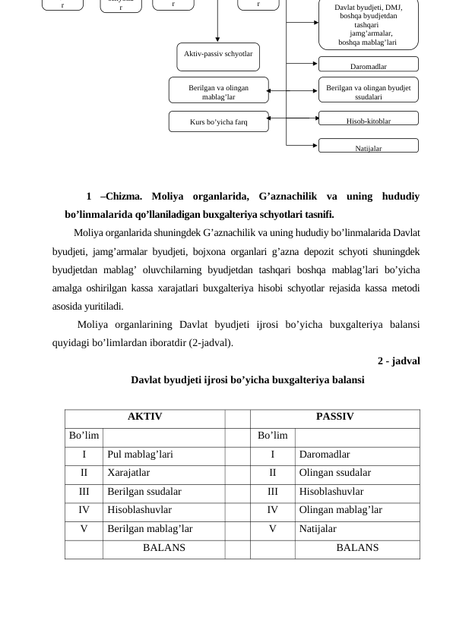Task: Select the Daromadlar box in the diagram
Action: [x=368, y=65]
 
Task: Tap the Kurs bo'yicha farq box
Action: [x=218, y=121]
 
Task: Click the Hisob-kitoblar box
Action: [x=368, y=120]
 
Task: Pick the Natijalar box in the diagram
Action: [x=368, y=147]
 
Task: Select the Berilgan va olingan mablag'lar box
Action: [x=218, y=92]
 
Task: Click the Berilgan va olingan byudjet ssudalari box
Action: [x=368, y=92]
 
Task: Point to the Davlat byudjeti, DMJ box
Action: [x=368, y=25]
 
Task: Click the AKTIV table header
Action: [x=144, y=417]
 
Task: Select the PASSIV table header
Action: [x=334, y=417]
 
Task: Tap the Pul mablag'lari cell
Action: [x=141, y=455]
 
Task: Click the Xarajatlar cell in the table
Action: [x=128, y=473]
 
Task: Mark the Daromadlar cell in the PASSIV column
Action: [x=325, y=455]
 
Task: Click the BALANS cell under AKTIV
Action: [x=163, y=548]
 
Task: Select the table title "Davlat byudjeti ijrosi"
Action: [x=247, y=379]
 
